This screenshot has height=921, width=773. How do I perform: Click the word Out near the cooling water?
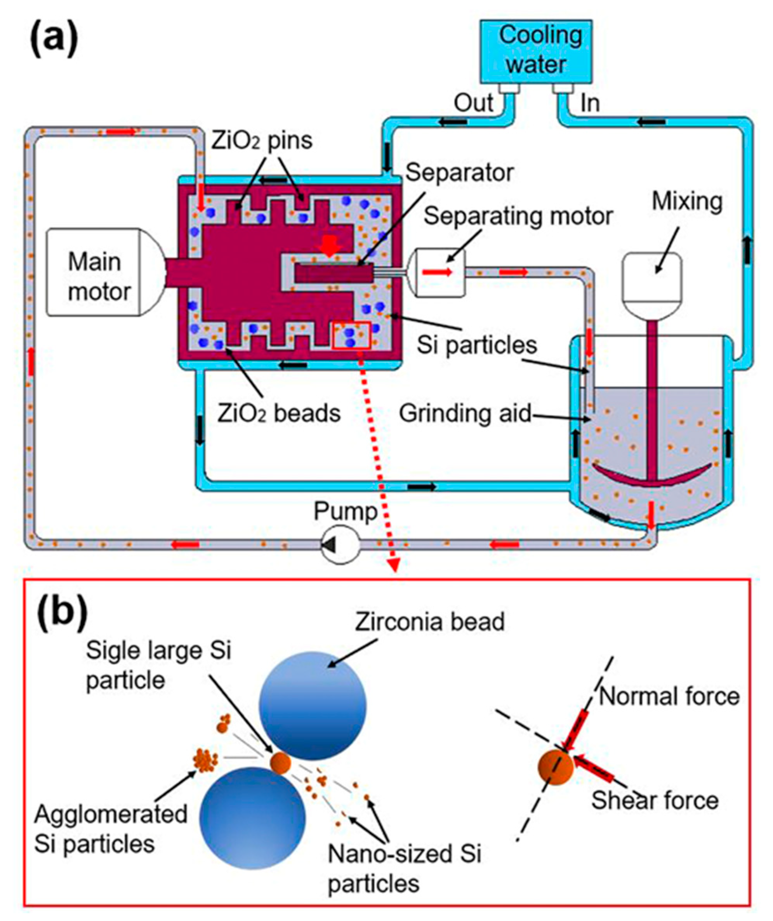tap(473, 103)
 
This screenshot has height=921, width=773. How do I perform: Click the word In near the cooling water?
tap(590, 104)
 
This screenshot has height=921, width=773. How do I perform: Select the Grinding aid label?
tap(465, 413)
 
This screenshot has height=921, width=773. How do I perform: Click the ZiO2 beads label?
tap(279, 413)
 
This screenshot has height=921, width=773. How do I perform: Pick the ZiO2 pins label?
tap(262, 140)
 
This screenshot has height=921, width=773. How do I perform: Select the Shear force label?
tap(655, 800)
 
